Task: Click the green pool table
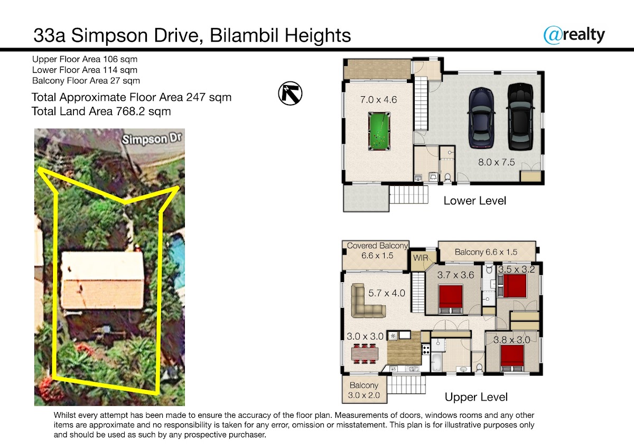click(x=379, y=132)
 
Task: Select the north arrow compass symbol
click(x=290, y=94)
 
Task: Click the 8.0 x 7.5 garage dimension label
click(x=497, y=162)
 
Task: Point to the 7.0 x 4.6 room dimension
click(x=378, y=100)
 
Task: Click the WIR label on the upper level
click(x=421, y=258)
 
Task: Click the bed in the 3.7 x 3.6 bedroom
click(x=451, y=300)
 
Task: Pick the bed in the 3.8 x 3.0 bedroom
click(x=512, y=358)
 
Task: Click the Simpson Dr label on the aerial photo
click(x=152, y=139)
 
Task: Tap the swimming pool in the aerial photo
click(x=176, y=257)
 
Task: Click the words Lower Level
click(x=474, y=201)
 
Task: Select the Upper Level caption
click(x=476, y=397)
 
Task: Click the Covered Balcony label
click(x=377, y=246)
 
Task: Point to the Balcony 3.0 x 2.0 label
click(x=364, y=390)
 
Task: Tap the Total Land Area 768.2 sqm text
click(x=101, y=111)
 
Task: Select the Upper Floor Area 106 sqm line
click(x=85, y=59)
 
